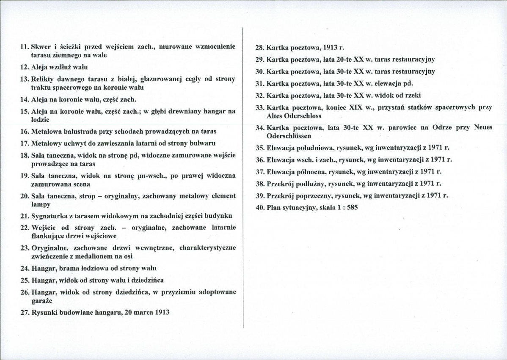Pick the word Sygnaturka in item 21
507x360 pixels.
pos(50,216)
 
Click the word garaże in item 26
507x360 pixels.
pos(42,301)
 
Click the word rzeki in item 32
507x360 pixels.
pos(412,95)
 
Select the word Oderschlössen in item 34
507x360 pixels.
pos(289,136)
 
